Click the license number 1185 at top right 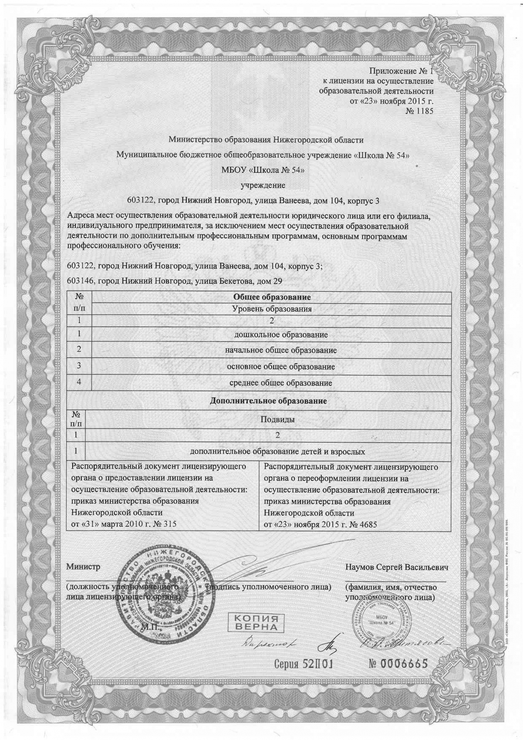tap(424, 111)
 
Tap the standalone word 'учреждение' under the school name tap(263, 185)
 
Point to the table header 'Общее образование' tap(271, 297)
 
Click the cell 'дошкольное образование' tap(281, 335)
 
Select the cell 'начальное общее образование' tap(281, 350)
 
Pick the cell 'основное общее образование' tap(281, 367)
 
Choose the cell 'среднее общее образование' tap(281, 383)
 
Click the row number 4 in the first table tap(79, 382)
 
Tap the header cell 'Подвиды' tap(277, 419)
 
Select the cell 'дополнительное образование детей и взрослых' tap(277, 451)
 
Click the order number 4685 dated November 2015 tap(368, 524)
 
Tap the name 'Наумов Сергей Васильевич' tap(397, 567)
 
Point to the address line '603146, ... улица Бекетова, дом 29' tap(175, 281)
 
